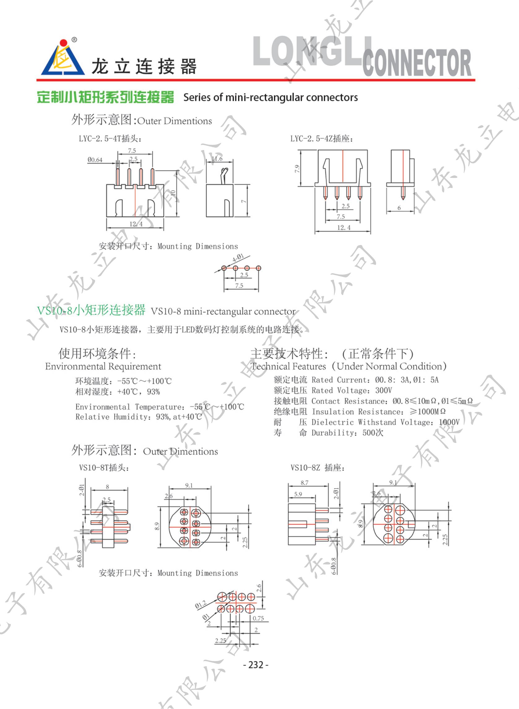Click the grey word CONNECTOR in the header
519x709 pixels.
(417, 63)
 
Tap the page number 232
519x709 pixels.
(256, 664)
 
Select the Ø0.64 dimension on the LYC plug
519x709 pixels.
(95, 160)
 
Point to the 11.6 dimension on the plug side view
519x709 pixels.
(217, 159)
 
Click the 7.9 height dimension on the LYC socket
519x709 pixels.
(297, 169)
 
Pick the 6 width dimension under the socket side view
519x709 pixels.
(399, 208)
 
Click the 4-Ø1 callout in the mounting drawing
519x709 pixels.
(238, 258)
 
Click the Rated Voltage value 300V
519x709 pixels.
(383, 390)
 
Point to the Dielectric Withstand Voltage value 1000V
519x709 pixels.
(449, 422)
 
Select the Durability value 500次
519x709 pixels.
(373, 433)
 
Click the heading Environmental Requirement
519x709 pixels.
(103, 367)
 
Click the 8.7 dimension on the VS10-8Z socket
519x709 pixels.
(304, 483)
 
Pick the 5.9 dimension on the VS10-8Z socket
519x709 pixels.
(298, 494)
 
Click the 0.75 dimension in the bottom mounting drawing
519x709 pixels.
(258, 618)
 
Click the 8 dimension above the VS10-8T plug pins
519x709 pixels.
(107, 487)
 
